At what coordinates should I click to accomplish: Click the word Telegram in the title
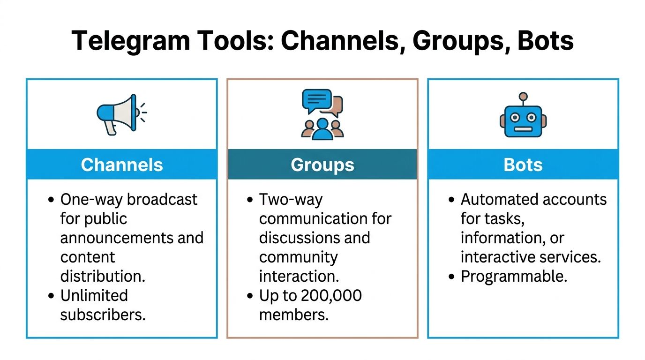[x=131, y=41]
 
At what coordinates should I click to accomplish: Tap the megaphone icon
[x=121, y=115]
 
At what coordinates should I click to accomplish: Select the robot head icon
[x=523, y=115]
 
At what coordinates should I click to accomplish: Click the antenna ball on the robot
[x=523, y=97]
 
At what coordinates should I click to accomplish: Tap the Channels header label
[x=122, y=165]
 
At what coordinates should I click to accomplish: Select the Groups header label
[x=322, y=165]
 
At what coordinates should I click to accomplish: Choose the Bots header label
[x=523, y=165]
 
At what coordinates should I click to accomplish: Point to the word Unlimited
[x=94, y=295]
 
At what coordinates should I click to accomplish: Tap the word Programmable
[x=514, y=277]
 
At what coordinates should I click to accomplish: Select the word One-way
[x=91, y=200]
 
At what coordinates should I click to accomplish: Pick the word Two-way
[x=291, y=200]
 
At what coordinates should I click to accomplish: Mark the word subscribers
[x=103, y=315]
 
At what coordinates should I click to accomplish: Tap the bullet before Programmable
[x=451, y=277]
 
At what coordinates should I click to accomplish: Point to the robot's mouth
[x=523, y=129]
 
